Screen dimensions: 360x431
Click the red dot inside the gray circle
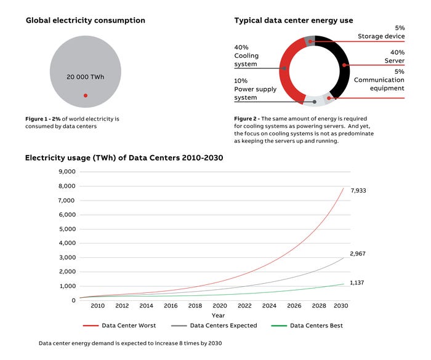point(86,95)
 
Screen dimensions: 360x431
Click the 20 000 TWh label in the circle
point(86,77)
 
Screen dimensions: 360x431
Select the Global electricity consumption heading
point(85,20)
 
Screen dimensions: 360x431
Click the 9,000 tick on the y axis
point(66,172)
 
